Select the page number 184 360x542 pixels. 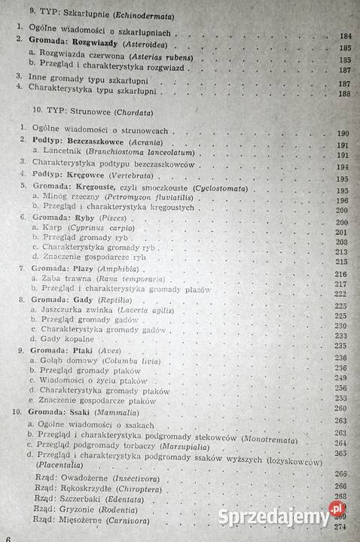pos(346,35)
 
